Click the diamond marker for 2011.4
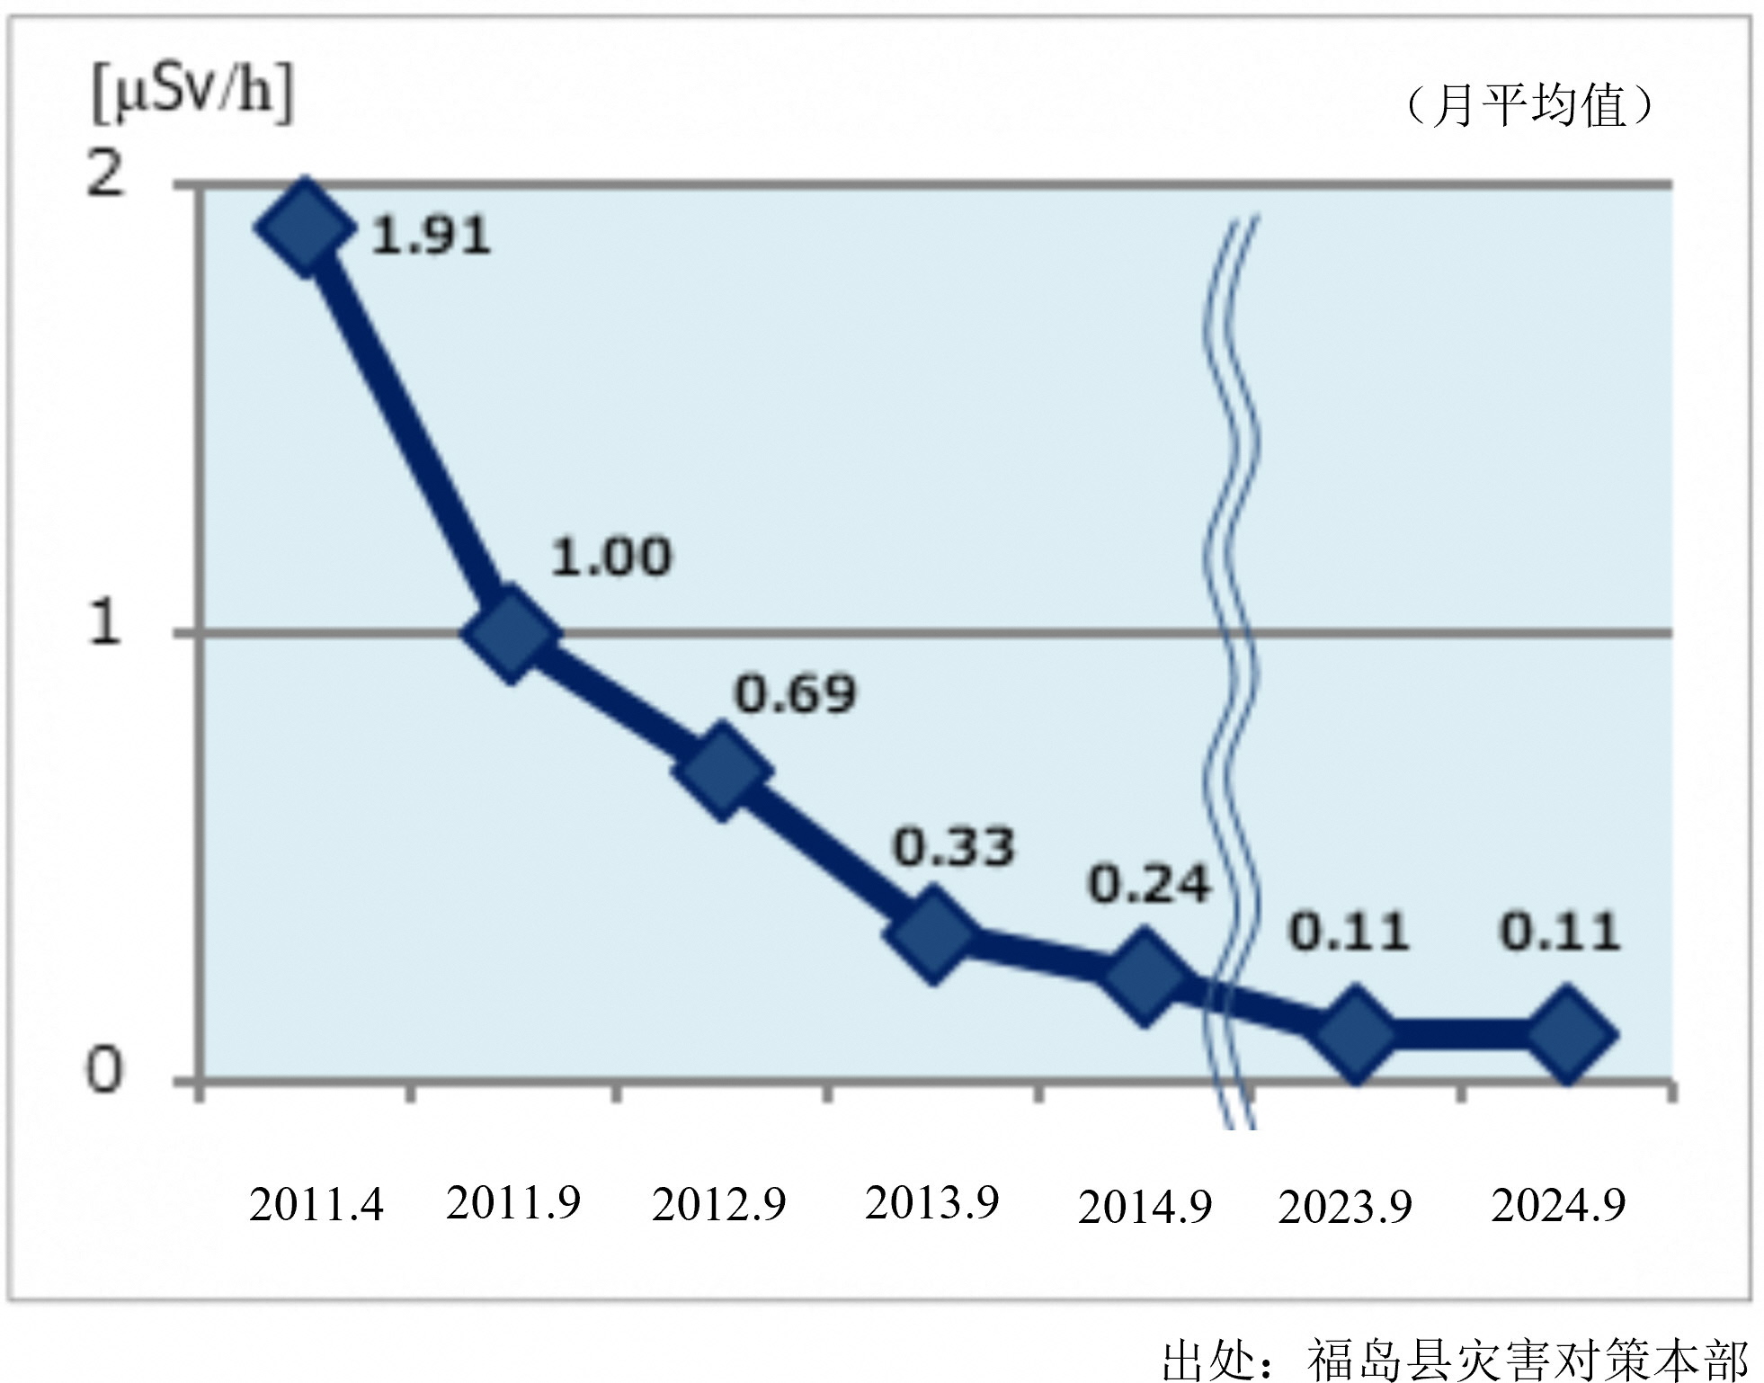tap(304, 227)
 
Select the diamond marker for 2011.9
tap(512, 634)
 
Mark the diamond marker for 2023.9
tap(1355, 1033)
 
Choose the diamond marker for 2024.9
tap(1566, 1033)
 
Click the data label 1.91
tap(432, 236)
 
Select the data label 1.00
tap(611, 557)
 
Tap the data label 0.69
tap(796, 694)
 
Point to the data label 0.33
tap(954, 847)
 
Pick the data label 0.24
tap(1150, 885)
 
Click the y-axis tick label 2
tap(105, 174)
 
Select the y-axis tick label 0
tap(103, 1071)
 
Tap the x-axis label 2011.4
tap(316, 1205)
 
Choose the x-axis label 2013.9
tap(932, 1202)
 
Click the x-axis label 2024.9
tap(1558, 1205)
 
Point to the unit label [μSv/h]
tap(192, 94)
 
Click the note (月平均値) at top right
tap(1529, 105)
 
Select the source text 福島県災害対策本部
tap(1528, 1359)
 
